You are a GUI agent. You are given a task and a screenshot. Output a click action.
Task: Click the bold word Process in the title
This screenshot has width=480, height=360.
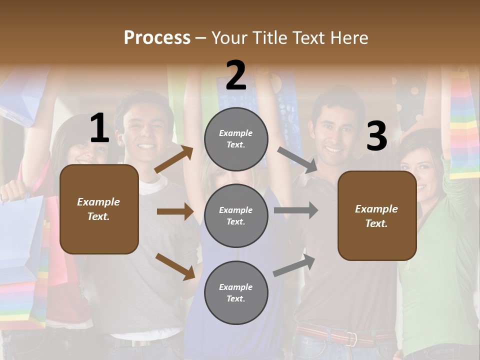point(157,38)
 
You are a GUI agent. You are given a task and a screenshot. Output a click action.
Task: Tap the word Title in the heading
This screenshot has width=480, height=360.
point(268,38)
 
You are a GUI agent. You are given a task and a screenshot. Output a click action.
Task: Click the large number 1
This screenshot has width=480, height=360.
point(99,128)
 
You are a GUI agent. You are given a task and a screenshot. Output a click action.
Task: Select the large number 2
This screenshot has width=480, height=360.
point(236,75)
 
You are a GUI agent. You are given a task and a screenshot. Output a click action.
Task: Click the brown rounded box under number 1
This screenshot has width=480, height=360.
point(99,209)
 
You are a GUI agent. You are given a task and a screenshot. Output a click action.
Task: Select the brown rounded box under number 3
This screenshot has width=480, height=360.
point(377,216)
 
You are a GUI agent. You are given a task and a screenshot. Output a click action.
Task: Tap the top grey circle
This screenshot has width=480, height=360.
point(236,139)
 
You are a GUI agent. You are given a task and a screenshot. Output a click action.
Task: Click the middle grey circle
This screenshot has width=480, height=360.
point(236,215)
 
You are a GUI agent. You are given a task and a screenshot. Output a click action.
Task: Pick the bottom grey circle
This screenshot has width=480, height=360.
point(236,292)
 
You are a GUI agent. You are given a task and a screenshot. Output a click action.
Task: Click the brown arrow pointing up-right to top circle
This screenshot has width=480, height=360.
point(174,159)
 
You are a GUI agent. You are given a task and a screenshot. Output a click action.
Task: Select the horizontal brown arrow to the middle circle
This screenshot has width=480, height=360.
point(175,211)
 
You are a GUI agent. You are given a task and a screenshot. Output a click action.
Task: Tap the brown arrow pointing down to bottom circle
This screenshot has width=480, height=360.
point(175,265)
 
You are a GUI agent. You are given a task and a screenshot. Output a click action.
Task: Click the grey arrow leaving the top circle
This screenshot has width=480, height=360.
point(297,159)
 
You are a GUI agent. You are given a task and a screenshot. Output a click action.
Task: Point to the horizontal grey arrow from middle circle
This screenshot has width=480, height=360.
point(296,210)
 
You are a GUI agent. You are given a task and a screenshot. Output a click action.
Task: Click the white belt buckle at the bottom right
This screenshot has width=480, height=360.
point(353,338)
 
